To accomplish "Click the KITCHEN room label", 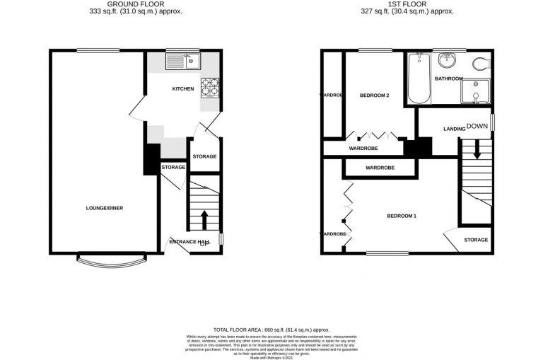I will point(183,88).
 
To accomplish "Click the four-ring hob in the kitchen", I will point(209,87).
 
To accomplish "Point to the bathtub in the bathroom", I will point(417,78).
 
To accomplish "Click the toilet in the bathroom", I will point(481,64).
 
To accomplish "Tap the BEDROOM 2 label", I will point(375,95).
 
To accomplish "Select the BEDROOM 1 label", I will point(401,216).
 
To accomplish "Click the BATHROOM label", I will point(449,79).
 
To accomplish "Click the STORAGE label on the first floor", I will point(476,240).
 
